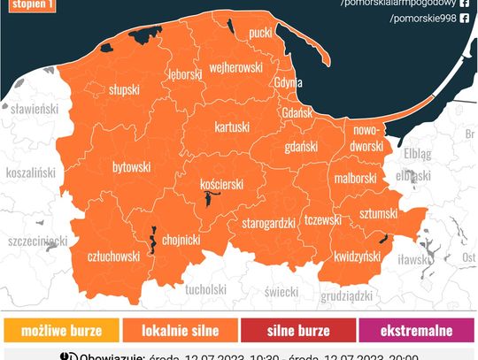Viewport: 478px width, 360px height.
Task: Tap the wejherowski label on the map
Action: pos(235,67)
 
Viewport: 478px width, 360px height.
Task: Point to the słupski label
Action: pos(123,90)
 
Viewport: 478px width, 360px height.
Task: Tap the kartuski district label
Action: pos(233,127)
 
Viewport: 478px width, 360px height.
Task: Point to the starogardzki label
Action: pos(267,223)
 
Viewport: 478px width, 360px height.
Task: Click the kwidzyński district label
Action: pos(357,255)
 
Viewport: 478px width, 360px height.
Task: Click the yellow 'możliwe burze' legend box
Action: pos(61,331)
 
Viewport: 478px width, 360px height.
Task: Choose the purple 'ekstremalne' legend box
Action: pos(416,331)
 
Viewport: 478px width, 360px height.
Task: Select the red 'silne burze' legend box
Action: pos(297,331)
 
